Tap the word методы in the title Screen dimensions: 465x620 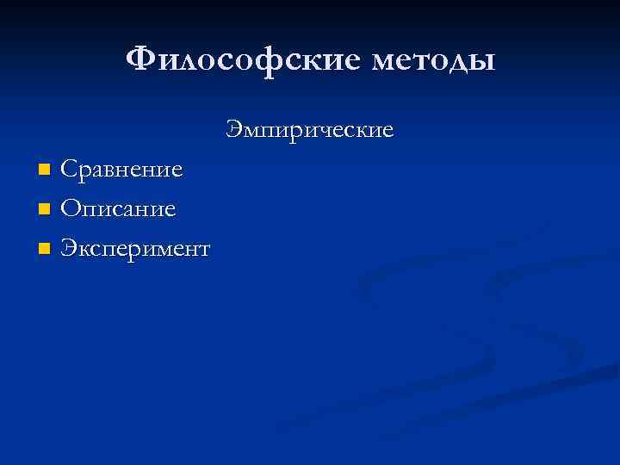435,61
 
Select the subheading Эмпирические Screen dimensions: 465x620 310,130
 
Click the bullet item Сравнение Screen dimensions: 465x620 121,169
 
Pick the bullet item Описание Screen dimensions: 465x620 119,209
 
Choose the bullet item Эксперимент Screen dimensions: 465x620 135,250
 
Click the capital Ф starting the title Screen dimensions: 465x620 141,60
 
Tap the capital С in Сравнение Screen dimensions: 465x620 69,169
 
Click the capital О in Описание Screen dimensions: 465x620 71,209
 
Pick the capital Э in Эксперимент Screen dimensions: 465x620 68,250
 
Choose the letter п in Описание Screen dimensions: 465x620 90,211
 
